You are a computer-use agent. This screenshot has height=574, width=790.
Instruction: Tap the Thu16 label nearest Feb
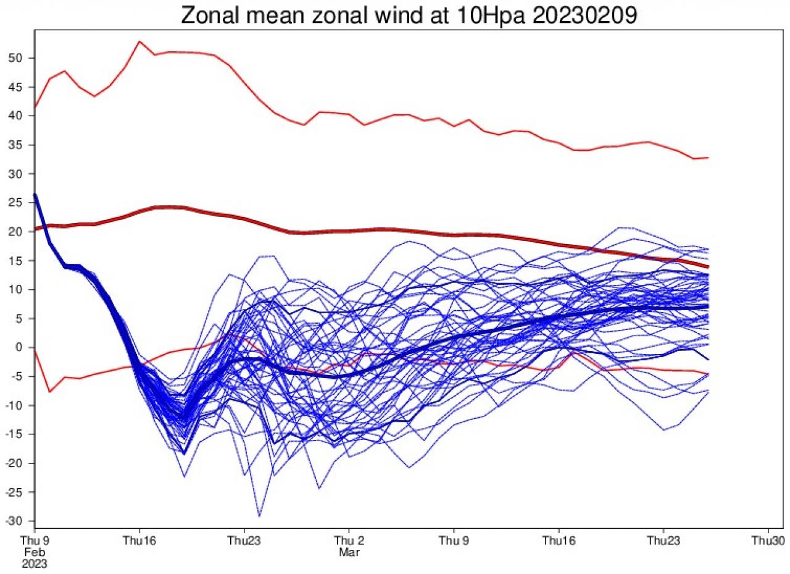pyautogui.click(x=139, y=540)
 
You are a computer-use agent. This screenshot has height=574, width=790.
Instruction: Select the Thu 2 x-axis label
pyautogui.click(x=349, y=540)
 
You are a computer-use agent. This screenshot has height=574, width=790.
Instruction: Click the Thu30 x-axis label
pyautogui.click(x=768, y=540)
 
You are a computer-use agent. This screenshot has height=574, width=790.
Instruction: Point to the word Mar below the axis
pyautogui.click(x=349, y=552)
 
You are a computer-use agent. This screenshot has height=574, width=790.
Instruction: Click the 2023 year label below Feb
pyautogui.click(x=35, y=563)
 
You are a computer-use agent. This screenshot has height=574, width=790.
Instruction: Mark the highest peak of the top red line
pyautogui.click(x=139, y=41)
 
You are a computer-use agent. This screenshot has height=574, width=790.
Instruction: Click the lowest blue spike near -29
pyautogui.click(x=259, y=516)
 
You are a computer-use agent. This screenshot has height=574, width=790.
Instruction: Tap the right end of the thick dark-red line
pyautogui.click(x=708, y=267)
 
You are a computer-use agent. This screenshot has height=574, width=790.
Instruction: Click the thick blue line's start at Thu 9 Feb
pyautogui.click(x=35, y=195)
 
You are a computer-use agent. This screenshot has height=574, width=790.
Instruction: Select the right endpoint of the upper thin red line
pyautogui.click(x=708, y=158)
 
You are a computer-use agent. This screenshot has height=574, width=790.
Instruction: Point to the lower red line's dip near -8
pyautogui.click(x=49, y=392)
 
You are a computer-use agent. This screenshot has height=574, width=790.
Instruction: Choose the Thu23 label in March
pyautogui.click(x=663, y=540)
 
